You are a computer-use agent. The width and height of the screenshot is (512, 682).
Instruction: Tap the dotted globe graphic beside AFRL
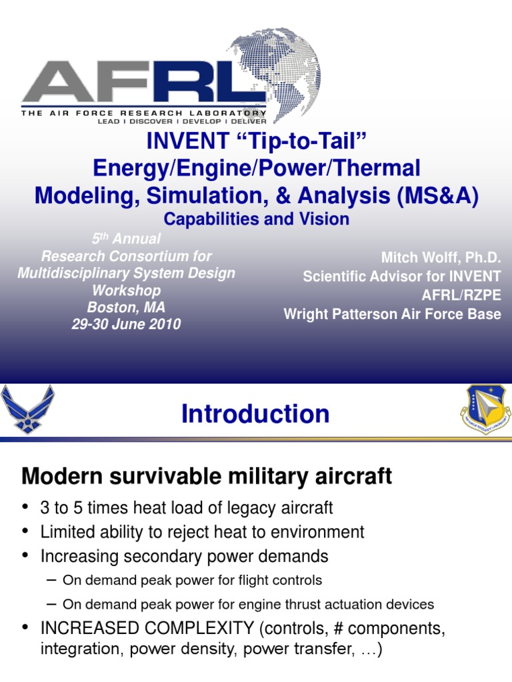coord(283,70)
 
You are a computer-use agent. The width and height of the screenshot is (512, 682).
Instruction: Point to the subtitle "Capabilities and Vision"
coord(256,218)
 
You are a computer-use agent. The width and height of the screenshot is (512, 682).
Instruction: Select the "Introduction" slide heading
coord(255,414)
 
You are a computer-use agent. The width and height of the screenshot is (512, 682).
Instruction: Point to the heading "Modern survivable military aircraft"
coord(207,476)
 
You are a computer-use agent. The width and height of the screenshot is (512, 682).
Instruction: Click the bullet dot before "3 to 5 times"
coord(26,508)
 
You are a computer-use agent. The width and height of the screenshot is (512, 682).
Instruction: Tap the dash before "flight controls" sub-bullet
coord(51,579)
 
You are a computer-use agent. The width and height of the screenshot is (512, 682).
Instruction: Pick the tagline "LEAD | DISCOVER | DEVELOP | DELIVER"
coord(181,122)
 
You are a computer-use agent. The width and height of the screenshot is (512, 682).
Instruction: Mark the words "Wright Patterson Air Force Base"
coord(392,314)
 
